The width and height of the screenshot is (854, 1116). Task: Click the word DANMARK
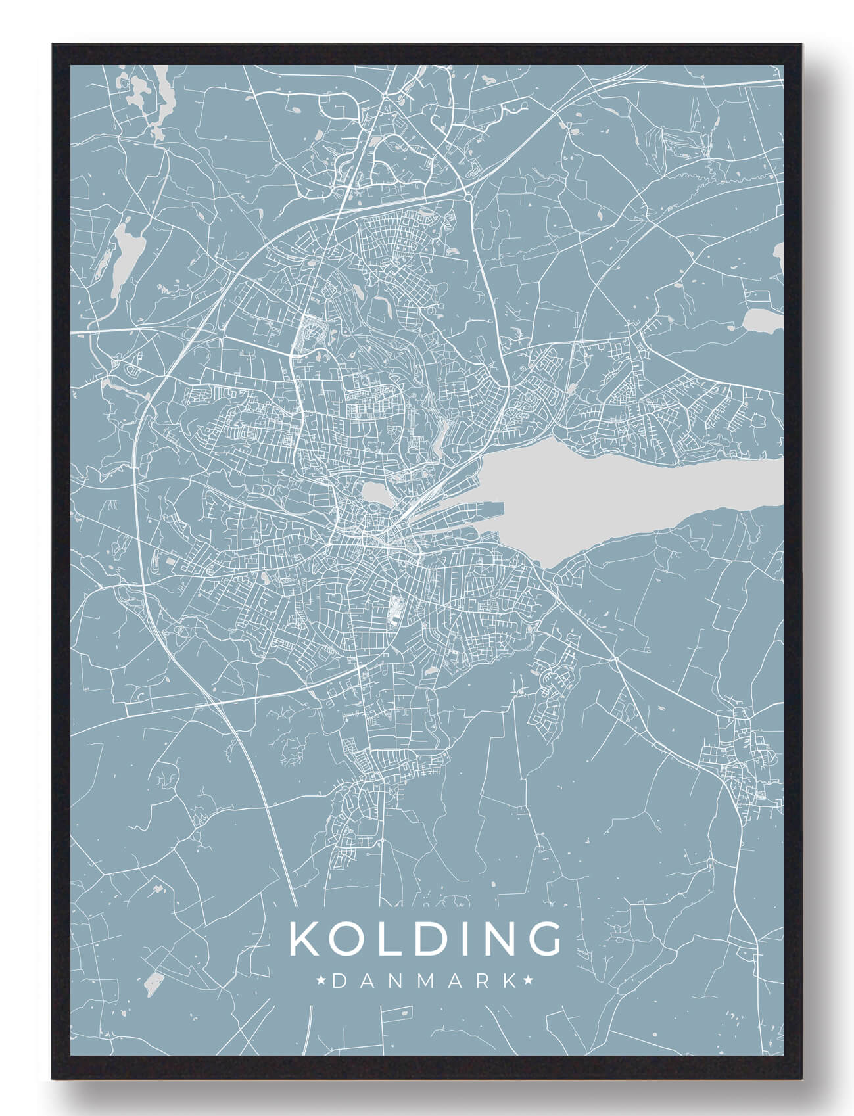(425, 981)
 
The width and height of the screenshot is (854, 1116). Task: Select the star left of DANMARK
(322, 981)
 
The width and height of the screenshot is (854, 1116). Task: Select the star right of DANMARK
(527, 981)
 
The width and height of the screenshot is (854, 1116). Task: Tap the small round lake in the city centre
(372, 492)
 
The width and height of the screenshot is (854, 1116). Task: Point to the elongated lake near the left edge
(122, 250)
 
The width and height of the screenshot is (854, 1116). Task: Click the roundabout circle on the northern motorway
(467, 196)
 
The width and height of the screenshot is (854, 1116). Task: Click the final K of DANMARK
(510, 981)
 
